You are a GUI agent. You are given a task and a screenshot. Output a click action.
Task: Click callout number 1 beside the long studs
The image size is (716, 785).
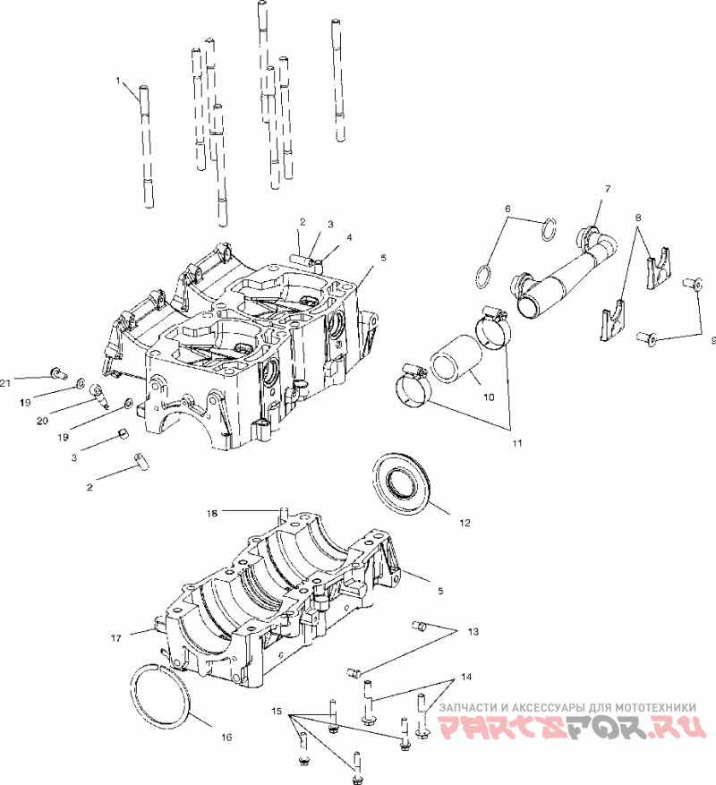[x=117, y=81]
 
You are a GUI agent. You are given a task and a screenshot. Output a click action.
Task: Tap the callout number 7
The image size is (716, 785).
[x=608, y=189]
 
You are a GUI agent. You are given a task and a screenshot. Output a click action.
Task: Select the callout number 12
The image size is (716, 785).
[x=465, y=521]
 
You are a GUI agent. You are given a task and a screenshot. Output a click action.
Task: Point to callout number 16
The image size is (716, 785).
[x=226, y=737]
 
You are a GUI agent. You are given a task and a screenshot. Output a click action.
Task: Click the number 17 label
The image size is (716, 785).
[x=115, y=638]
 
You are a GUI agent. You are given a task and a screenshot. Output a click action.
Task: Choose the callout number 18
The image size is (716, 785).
[x=212, y=513]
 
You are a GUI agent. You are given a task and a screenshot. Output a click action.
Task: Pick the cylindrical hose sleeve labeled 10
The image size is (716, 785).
[x=456, y=362]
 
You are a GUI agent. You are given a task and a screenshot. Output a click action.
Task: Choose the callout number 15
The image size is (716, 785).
[x=277, y=711]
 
